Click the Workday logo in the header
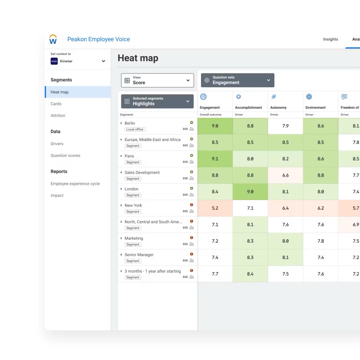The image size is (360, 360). coord(53,39)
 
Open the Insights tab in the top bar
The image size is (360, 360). coord(330,39)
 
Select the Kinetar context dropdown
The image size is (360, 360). coord(78,61)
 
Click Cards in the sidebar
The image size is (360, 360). coord(56,104)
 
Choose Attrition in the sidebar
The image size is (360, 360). coord(58,116)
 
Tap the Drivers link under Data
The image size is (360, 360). coord(57,144)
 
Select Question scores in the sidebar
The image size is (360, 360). coord(65,155)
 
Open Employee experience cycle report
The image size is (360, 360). coord(75,184)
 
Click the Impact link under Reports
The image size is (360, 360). coord(57,195)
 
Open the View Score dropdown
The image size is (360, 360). coord(157,80)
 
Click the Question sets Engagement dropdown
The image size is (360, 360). coord(238,80)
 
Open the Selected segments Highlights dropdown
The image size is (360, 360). coord(157,101)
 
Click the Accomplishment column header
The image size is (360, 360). coord(248,107)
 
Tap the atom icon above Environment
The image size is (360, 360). coord(309,97)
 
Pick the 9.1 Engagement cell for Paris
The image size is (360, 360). coord(215,159)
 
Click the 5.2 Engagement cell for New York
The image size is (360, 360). coord(215,208)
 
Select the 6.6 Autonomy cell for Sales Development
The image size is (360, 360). coord(285,175)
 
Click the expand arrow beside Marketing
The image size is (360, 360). coord(121,238)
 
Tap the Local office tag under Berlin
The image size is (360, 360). coord(135,129)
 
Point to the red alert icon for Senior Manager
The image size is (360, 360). coord(192,254)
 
